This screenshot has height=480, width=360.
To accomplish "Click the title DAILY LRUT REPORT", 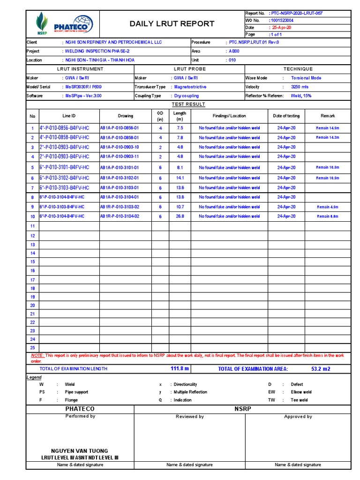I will (x=172, y=24).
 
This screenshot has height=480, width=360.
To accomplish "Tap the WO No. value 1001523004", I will (x=282, y=21).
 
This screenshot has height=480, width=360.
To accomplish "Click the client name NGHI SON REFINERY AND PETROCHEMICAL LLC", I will (x=112, y=42).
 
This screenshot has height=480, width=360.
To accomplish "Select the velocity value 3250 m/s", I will (x=300, y=87).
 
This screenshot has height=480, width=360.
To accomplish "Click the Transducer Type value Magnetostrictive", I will (x=190, y=87).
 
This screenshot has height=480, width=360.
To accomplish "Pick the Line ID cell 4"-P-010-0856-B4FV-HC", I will (x=64, y=128).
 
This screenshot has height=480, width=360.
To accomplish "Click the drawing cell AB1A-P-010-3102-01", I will (x=120, y=178).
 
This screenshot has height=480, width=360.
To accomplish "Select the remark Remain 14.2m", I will (x=327, y=137).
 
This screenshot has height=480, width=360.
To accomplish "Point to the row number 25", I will (x=32, y=348).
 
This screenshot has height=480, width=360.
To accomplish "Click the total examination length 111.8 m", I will (x=180, y=369).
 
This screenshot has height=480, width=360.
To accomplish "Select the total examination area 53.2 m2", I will (x=321, y=369).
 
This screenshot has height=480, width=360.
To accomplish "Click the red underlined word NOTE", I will (x=37, y=356).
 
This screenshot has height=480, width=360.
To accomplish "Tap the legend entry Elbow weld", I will (x=301, y=392).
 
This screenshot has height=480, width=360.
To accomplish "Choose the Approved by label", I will (x=298, y=416).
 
